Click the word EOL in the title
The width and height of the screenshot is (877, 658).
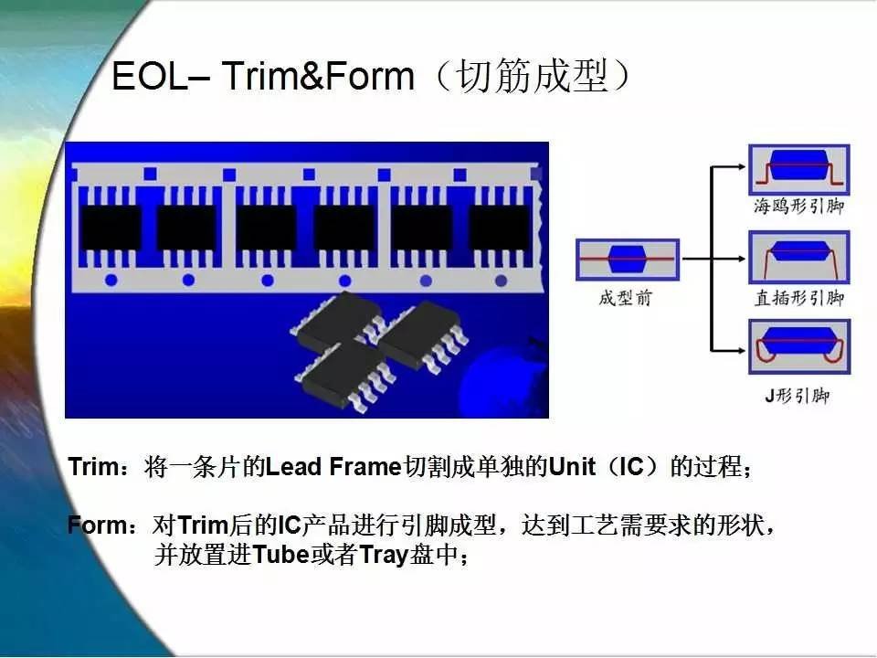pos(149,76)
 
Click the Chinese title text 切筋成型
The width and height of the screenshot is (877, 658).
pos(532,76)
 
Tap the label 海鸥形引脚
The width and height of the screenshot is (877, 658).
pos(798,207)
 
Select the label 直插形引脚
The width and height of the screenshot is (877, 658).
pos(798,298)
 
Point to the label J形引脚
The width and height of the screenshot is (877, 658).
pos(798,396)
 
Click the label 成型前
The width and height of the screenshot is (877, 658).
pos(626,298)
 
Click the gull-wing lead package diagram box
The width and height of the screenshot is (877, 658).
pos(799,170)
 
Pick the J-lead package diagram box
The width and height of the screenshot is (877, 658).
pos(799,346)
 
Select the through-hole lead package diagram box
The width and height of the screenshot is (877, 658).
pos(799,258)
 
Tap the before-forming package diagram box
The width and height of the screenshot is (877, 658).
pos(628,260)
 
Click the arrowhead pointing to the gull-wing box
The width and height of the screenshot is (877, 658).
pos(741,166)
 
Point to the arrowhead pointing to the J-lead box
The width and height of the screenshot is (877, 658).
pos(741,351)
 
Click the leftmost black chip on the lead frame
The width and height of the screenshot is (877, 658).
pos(111,228)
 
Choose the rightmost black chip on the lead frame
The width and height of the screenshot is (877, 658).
pos(499,228)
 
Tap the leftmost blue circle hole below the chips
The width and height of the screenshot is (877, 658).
pos(111,280)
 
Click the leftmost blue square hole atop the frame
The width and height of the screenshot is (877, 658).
pos(150,174)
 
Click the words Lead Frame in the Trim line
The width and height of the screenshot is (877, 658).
pos(334,467)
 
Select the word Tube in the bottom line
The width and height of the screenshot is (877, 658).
pos(280,555)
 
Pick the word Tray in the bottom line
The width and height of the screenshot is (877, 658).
pos(383,556)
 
